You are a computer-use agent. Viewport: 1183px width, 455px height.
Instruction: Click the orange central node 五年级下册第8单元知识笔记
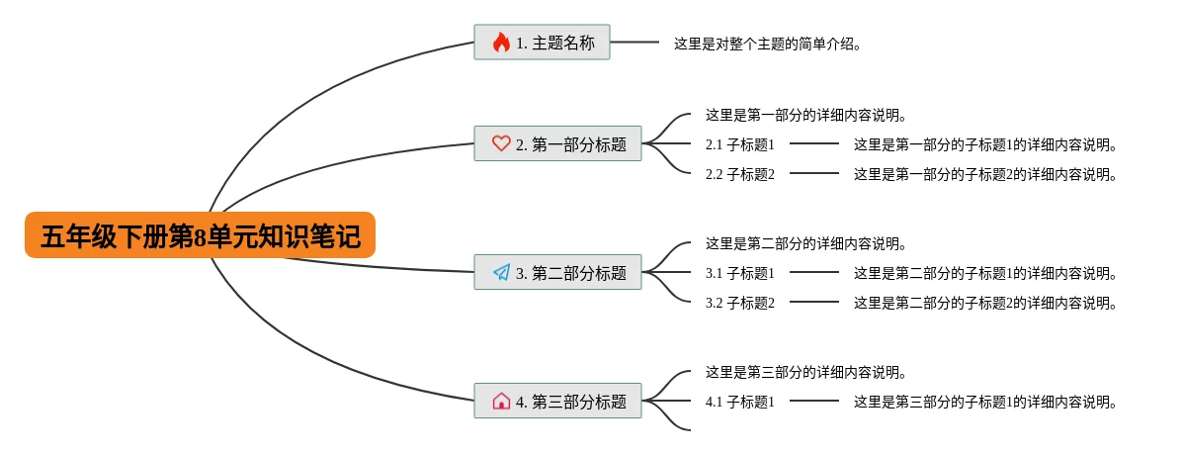pyautogui.click(x=200, y=235)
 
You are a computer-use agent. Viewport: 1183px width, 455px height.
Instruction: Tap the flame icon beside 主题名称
pyautogui.click(x=501, y=43)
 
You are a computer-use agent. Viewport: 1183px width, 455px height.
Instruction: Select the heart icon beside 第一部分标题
pyautogui.click(x=501, y=143)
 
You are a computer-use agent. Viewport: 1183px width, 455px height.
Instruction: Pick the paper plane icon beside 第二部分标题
pyautogui.click(x=501, y=272)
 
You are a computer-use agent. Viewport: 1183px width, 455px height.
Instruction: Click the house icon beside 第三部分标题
pyautogui.click(x=501, y=401)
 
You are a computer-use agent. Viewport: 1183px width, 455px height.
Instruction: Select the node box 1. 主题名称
pyautogui.click(x=542, y=43)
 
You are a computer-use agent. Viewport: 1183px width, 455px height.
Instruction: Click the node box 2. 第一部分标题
pyautogui.click(x=557, y=143)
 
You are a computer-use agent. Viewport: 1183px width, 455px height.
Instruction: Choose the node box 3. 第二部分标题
pyautogui.click(x=557, y=272)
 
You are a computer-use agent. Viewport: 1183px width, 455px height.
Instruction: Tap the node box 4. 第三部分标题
pyautogui.click(x=557, y=401)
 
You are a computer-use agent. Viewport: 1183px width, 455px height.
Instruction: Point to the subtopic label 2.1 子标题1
pyautogui.click(x=739, y=144)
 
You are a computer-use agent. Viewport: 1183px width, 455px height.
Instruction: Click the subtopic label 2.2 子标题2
pyautogui.click(x=739, y=174)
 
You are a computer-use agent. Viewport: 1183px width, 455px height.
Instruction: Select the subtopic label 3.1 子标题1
pyautogui.click(x=739, y=273)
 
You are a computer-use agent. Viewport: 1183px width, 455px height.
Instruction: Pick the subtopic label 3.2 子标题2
pyautogui.click(x=739, y=303)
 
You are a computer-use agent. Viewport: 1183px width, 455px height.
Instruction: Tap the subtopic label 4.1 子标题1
pyautogui.click(x=739, y=402)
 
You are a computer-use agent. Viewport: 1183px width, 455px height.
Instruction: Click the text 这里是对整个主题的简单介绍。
pyautogui.click(x=768, y=44)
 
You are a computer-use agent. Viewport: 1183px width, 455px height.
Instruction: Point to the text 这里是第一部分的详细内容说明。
pyautogui.click(x=805, y=115)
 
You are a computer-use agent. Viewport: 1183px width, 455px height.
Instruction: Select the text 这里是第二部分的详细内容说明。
pyautogui.click(x=805, y=243)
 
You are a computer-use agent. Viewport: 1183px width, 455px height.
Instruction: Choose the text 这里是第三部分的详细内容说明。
pyautogui.click(x=805, y=372)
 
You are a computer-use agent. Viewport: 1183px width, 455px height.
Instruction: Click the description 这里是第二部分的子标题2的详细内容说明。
pyautogui.click(x=985, y=303)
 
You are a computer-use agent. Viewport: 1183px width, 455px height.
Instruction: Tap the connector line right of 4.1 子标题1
pyautogui.click(x=813, y=401)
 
